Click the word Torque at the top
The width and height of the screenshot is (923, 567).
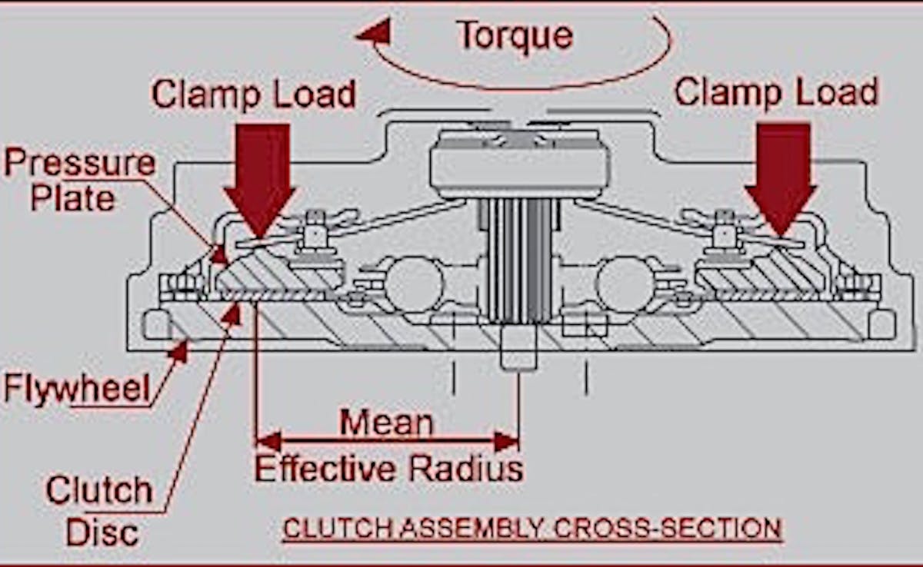coord(515,36)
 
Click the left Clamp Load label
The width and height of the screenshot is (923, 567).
coord(253,94)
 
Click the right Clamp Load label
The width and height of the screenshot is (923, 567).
coord(776,93)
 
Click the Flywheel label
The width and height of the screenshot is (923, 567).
coord(77,389)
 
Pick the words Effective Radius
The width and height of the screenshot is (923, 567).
coord(388,468)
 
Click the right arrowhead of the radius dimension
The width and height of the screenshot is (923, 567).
coord(507,441)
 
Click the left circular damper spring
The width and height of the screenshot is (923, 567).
coord(414,284)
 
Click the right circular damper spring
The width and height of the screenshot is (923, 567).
coord(625,284)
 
